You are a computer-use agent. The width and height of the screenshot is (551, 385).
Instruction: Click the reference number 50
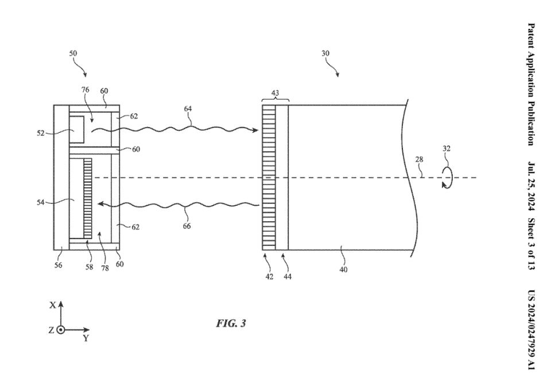pyautogui.click(x=73, y=53)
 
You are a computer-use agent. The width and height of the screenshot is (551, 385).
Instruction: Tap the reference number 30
pyautogui.click(x=325, y=53)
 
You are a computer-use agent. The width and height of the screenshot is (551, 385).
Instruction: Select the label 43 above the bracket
pyautogui.click(x=275, y=94)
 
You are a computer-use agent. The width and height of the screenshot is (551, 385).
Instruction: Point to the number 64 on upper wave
pyautogui.click(x=188, y=108)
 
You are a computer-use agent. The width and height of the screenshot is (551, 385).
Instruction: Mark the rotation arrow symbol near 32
pyautogui.click(x=447, y=178)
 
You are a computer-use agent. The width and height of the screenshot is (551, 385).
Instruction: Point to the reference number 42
pyautogui.click(x=269, y=276)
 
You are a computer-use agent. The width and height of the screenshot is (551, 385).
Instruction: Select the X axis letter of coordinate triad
pyautogui.click(x=53, y=305)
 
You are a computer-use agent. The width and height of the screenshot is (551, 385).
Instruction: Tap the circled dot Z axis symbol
pyautogui.click(x=61, y=330)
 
